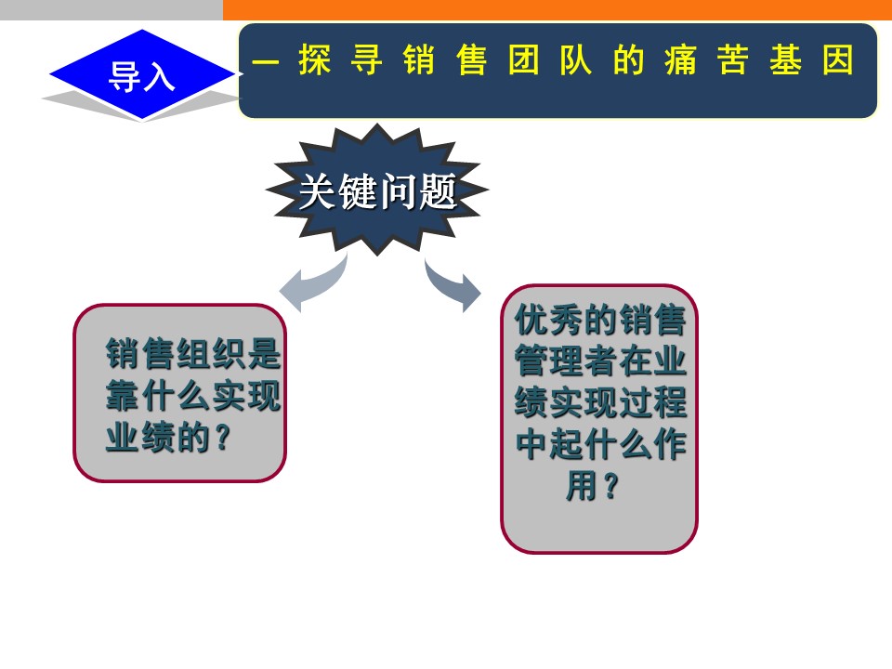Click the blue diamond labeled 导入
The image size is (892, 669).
pyautogui.click(x=142, y=74)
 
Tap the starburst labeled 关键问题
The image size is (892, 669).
pyautogui.click(x=377, y=190)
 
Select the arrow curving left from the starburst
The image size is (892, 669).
pyautogui.click(x=314, y=282)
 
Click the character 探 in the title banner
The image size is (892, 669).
pyautogui.click(x=314, y=59)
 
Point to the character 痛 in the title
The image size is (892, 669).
pyautogui.click(x=680, y=59)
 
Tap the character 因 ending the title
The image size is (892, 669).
pyautogui.click(x=837, y=59)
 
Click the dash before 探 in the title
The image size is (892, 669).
pyautogui.click(x=265, y=60)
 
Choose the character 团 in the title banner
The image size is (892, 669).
pyautogui.click(x=523, y=59)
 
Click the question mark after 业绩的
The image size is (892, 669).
pyautogui.click(x=224, y=438)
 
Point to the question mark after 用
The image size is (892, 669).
pyautogui.click(x=610, y=486)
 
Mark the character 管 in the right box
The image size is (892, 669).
pyautogui.click(x=531, y=361)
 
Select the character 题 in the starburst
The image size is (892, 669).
pyautogui.click(x=438, y=191)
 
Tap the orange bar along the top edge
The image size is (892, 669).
pyautogui.click(x=557, y=9)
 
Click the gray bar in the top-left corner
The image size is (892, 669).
pyautogui.click(x=111, y=9)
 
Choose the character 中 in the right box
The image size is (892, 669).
pyautogui.click(x=531, y=444)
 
